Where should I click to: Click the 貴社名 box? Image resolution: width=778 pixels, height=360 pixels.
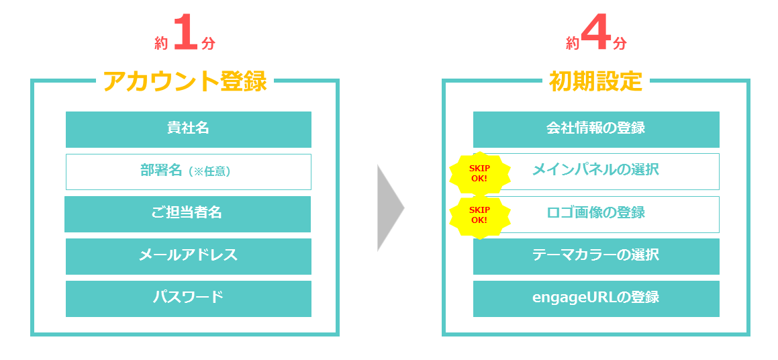click(x=189, y=130)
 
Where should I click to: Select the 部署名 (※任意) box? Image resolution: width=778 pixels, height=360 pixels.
click(x=189, y=172)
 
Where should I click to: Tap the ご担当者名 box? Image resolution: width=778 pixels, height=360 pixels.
click(x=187, y=214)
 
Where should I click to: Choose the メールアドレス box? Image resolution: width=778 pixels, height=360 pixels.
click(x=189, y=256)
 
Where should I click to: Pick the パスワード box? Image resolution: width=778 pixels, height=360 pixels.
click(x=189, y=298)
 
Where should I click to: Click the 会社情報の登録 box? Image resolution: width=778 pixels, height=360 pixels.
click(x=596, y=130)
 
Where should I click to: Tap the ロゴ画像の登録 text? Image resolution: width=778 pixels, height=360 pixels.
click(x=595, y=212)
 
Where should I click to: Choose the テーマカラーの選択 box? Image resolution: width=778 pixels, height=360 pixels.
click(x=596, y=256)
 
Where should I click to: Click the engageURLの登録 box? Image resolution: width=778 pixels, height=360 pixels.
click(x=596, y=298)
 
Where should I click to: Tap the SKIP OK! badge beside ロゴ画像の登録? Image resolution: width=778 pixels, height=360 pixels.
click(x=479, y=215)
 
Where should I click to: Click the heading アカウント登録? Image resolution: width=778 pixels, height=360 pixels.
click(x=185, y=81)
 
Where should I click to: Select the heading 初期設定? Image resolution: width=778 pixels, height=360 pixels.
click(x=595, y=81)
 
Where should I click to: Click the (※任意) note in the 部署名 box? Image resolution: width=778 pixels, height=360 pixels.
click(x=209, y=172)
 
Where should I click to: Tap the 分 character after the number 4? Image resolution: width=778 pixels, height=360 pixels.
click(x=619, y=44)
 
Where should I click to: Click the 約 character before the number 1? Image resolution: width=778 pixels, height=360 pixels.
click(x=161, y=44)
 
